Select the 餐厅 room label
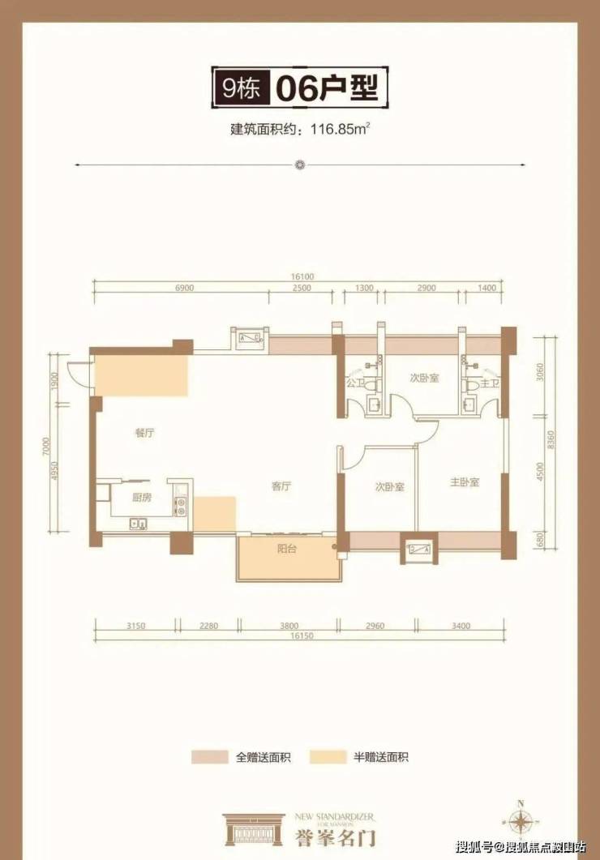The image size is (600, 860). [x=144, y=433]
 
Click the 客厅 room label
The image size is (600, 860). [x=281, y=486]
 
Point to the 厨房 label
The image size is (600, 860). [x=141, y=497]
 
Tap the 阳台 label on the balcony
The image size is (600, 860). [x=286, y=550]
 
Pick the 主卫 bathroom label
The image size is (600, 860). [x=488, y=382]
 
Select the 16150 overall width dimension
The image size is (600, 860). [x=299, y=636]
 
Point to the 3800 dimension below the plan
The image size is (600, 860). [x=286, y=624]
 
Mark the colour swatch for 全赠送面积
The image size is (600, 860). [x=210, y=757]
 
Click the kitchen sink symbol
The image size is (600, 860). [x=137, y=524]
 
